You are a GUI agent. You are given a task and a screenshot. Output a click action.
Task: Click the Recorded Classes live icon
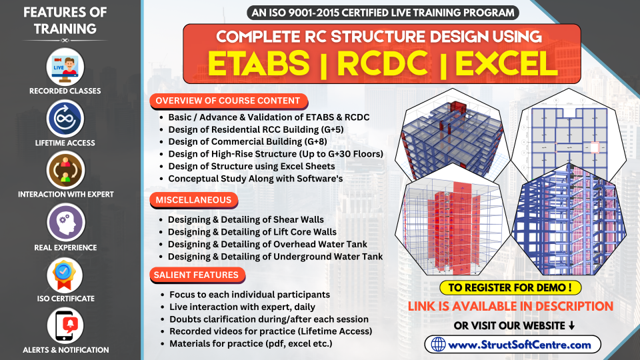click(x=65, y=67)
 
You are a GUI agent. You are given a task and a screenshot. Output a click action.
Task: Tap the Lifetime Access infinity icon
click(x=65, y=119)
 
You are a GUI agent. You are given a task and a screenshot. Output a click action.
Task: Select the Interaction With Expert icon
click(x=65, y=171)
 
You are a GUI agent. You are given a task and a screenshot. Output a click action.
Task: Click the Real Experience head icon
click(x=65, y=223)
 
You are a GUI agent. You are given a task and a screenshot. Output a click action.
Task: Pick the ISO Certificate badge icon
click(x=65, y=275)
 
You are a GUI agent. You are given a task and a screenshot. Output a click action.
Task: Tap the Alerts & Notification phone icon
click(x=65, y=326)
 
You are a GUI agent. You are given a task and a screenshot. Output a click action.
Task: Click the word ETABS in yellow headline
click(x=259, y=63)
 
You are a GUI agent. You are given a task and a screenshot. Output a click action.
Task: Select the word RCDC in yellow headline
click(x=383, y=64)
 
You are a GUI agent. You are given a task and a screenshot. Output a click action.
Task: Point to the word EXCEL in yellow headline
click(x=506, y=64)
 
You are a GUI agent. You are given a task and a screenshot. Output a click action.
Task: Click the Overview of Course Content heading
click(x=228, y=101)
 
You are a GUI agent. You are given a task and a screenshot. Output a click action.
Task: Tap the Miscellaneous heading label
click(x=193, y=200)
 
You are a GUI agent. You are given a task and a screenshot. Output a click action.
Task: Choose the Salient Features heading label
click(x=197, y=275)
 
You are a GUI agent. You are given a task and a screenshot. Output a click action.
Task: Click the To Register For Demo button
click(x=510, y=287)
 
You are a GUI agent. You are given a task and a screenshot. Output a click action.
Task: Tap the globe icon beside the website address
click(x=439, y=345)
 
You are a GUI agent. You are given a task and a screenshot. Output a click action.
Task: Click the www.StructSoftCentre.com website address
click(x=519, y=345)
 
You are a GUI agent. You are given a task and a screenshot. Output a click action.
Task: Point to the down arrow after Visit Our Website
click(x=571, y=325)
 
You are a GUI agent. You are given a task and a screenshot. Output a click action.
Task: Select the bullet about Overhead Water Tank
click(x=267, y=244)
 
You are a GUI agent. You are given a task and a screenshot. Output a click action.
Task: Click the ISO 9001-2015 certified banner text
click(x=383, y=13)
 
